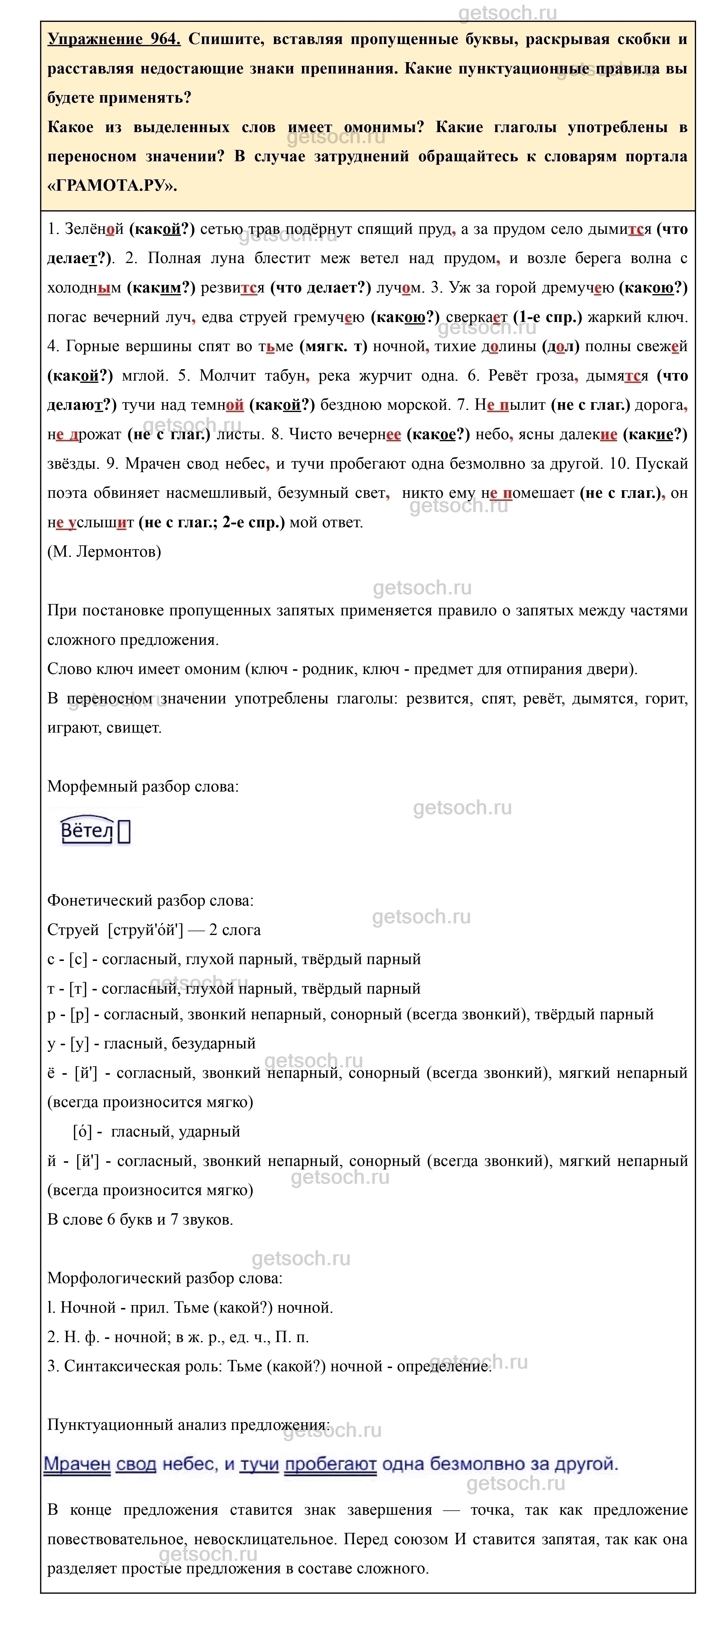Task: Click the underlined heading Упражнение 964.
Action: pyautogui.click(x=114, y=39)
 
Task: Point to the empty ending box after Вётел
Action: pyautogui.click(x=124, y=832)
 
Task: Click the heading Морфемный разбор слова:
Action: pyautogui.click(x=143, y=787)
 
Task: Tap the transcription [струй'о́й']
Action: pyautogui.click(x=146, y=930)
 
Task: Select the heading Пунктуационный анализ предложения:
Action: pyautogui.click(x=188, y=1426)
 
